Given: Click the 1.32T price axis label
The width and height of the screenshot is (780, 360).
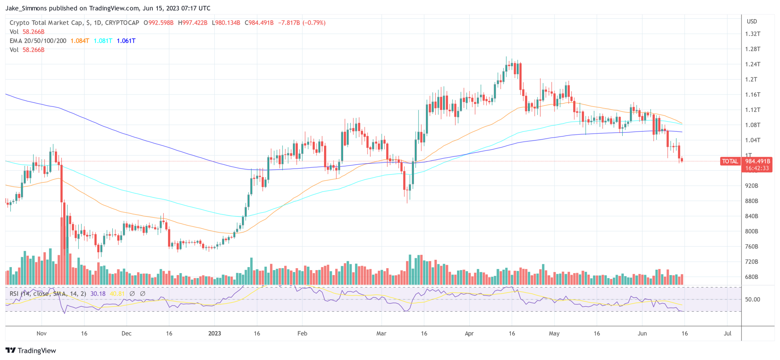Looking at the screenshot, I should [753, 34].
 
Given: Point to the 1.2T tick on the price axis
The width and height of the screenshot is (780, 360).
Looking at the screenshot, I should [751, 80].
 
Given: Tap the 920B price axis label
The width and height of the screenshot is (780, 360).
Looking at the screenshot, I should [751, 186].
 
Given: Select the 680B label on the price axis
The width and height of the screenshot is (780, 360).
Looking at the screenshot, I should [751, 277].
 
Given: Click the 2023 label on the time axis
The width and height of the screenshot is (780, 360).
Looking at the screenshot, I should [214, 333].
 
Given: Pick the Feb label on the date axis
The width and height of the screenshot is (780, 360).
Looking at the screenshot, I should [302, 333].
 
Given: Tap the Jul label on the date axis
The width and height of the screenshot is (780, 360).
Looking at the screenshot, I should [727, 333].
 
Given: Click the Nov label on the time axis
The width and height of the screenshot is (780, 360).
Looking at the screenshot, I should [42, 333].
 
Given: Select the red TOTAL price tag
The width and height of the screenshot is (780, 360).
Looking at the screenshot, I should [730, 161].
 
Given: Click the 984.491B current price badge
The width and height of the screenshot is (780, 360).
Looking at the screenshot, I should [758, 161].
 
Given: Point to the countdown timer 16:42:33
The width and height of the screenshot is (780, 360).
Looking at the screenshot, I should [757, 168].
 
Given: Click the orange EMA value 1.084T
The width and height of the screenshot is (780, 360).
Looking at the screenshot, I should [80, 41].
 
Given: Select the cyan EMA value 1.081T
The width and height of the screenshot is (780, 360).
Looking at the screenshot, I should [103, 41].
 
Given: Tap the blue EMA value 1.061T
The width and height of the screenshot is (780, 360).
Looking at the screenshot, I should [126, 41].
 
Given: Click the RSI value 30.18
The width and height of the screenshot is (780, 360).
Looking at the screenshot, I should [98, 294].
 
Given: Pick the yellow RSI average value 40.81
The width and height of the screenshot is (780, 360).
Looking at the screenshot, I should [117, 294].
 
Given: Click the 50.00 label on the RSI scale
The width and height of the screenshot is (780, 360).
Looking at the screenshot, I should [753, 299].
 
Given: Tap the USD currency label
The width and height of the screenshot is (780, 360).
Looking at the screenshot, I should [752, 21].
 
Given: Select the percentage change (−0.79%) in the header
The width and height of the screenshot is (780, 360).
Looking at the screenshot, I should [314, 23].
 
